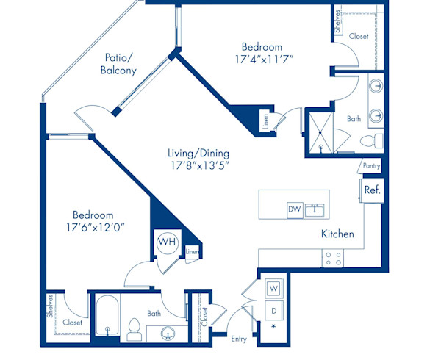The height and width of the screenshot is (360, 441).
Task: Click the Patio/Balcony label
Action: point(118,65)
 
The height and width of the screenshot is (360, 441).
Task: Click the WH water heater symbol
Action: point(167,241)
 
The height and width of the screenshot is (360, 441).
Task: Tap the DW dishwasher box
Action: point(295,210)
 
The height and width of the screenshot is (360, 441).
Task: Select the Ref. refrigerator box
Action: point(371,190)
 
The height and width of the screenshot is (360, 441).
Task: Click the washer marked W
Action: point(273,287)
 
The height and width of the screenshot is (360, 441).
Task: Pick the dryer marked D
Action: point(273,309)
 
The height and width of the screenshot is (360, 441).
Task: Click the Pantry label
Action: point(371,166)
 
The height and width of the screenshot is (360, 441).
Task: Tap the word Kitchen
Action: point(337,234)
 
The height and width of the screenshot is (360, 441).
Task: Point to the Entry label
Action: point(239,339)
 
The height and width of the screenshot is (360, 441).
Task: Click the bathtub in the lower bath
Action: point(109,318)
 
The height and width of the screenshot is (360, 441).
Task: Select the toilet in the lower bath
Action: point(135,330)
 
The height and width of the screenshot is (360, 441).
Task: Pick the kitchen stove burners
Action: point(333,258)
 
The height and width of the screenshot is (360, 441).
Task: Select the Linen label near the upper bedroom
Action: point(265,123)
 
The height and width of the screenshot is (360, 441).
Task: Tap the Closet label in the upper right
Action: point(359,35)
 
